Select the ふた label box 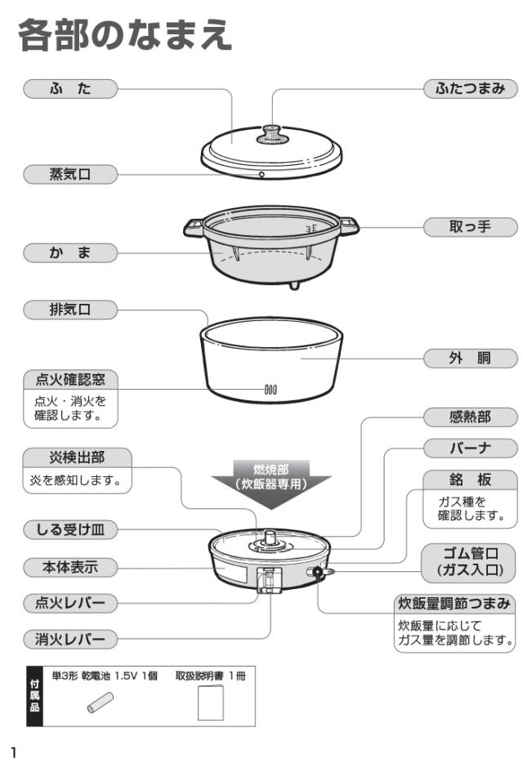pyautogui.click(x=69, y=88)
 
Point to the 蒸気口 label pyautogui.click(x=69, y=173)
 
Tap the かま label pyautogui.click(x=69, y=254)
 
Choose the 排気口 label pyautogui.click(x=69, y=310)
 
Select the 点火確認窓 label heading pyautogui.click(x=70, y=380)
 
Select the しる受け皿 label pyautogui.click(x=69, y=531)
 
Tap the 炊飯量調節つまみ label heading pyautogui.click(x=454, y=604)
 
